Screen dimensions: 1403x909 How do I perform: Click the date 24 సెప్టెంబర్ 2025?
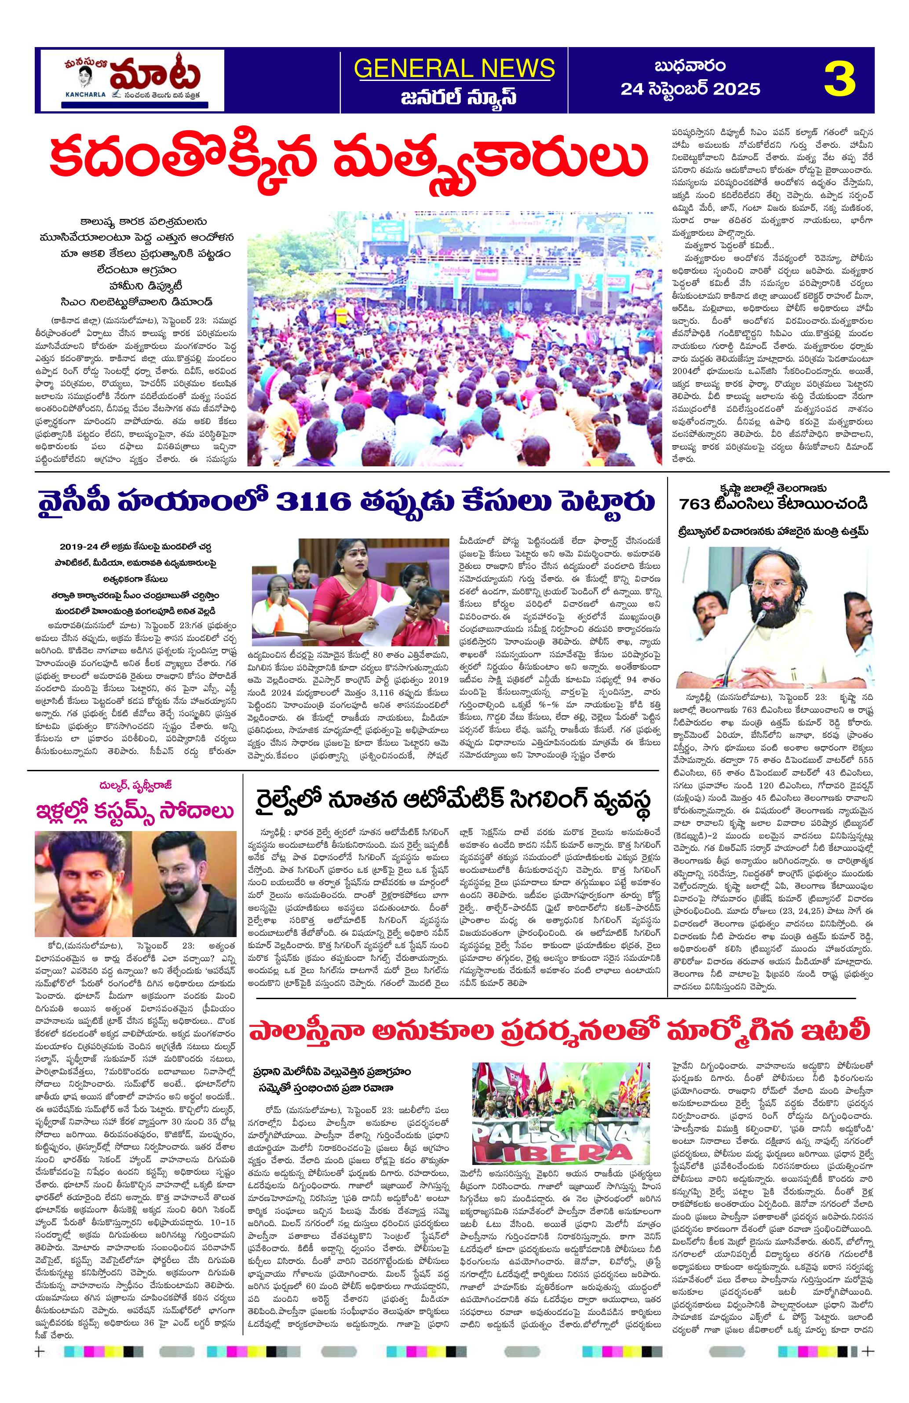690,90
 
